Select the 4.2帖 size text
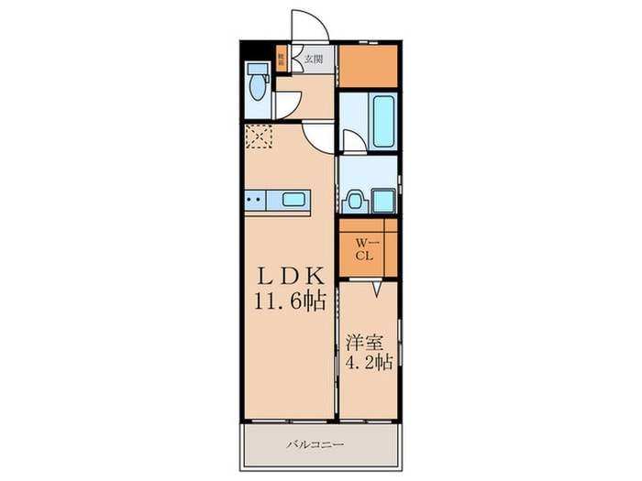point(370,362)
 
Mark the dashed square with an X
point(259,138)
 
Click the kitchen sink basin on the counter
point(295,200)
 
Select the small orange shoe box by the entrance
point(282,60)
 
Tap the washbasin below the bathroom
point(356,200)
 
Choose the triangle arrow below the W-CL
point(376,290)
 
